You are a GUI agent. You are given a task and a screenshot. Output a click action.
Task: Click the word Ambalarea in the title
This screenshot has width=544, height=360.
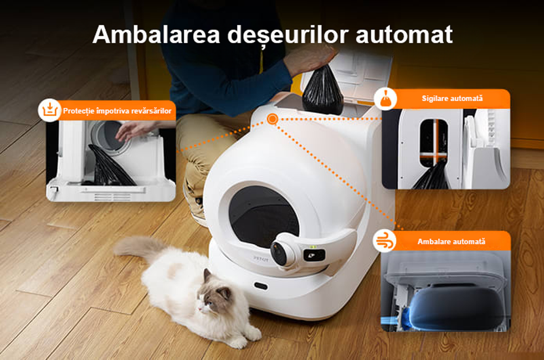pos(156,34)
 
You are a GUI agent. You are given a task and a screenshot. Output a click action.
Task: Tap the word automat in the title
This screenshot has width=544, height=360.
pos(404,34)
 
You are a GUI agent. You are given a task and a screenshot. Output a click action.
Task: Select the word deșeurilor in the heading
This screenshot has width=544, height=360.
pos(288,35)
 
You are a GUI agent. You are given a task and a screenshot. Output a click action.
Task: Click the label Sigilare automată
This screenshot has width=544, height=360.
pos(452,99)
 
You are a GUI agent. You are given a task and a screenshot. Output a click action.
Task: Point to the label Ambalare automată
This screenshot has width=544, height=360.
pos(451,241)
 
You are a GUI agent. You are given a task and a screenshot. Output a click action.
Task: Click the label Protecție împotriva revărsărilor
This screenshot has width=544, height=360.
pos(117,111)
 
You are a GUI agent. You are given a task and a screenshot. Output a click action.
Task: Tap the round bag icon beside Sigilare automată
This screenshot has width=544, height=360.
pos(386,99)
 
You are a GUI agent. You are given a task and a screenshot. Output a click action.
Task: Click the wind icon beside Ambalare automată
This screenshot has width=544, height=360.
pos(385,240)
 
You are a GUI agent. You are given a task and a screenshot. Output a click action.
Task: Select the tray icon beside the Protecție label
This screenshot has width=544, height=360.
pos(50,110)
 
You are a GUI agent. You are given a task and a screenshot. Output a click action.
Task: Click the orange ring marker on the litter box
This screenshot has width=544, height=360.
pos(273,119)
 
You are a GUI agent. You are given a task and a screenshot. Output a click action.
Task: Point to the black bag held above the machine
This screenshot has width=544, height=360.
pos(322,90)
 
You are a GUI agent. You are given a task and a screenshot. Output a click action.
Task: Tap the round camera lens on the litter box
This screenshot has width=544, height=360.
pos(279,254)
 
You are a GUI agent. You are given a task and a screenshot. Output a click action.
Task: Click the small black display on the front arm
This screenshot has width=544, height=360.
pos(314,255)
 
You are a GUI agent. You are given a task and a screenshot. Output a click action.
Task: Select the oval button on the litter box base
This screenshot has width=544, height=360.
pos(261,286)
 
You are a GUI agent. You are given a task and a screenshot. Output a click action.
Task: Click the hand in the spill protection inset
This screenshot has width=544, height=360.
pos(134,130)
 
